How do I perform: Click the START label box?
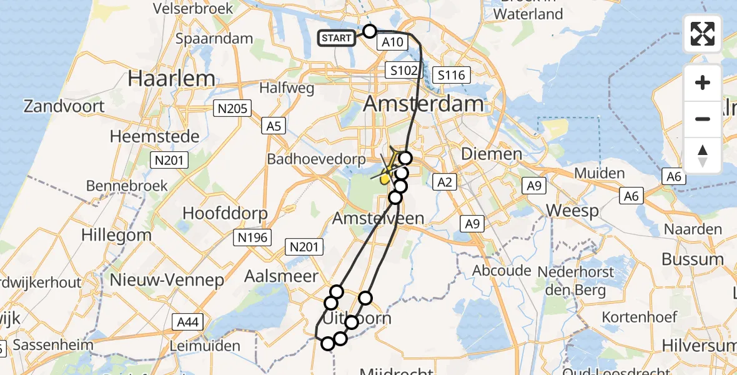click(337, 38)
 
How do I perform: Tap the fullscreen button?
click(703, 34)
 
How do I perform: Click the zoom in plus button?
click(703, 82)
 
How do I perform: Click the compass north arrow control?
click(703, 156)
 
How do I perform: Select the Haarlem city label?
click(171, 79)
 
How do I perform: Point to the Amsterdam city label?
click(423, 104)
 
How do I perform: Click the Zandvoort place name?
click(64, 106)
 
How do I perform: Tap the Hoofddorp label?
click(225, 213)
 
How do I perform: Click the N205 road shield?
click(231, 109)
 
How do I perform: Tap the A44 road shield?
click(189, 322)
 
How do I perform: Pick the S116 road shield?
click(452, 76)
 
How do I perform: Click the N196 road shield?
click(252, 237)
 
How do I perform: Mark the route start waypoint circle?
click(370, 31)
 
